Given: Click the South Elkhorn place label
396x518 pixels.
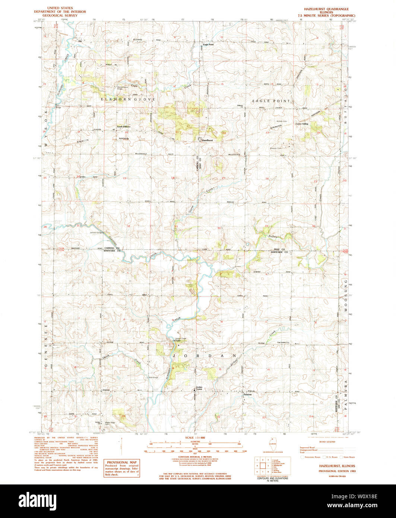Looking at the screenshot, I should [123, 127].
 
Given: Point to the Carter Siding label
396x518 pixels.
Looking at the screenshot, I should [302, 124].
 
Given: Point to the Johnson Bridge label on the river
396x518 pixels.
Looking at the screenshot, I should [96, 233].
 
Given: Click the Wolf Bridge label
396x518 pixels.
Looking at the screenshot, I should [153, 378].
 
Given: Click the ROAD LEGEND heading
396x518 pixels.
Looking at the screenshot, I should [327, 442].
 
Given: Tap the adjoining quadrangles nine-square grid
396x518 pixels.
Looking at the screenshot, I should [263, 465].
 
